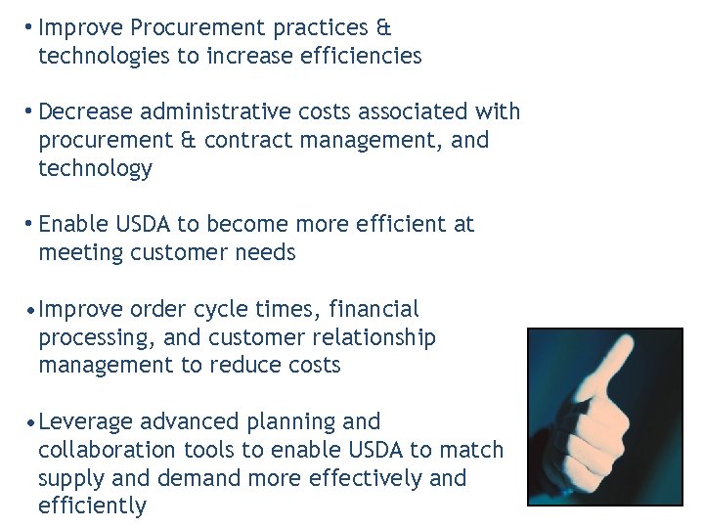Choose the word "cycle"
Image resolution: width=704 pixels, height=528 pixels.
(x=223, y=310)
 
